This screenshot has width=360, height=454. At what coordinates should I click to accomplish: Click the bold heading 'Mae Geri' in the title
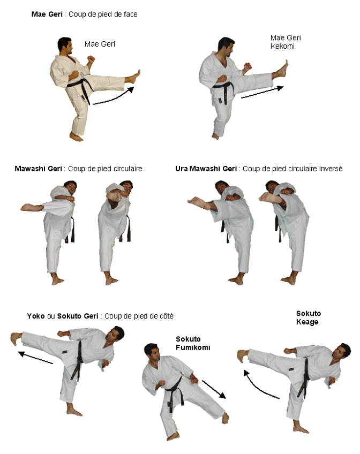(x=47, y=14)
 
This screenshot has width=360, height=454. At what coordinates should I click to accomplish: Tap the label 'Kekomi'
(x=282, y=47)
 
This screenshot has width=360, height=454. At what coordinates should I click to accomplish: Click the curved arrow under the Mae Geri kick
(x=113, y=96)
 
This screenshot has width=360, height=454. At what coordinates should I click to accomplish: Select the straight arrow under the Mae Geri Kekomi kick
(x=262, y=92)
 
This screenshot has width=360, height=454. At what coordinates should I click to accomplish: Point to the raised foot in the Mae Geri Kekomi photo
(x=281, y=70)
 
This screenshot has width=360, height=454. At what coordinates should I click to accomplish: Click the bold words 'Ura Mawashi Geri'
(x=206, y=169)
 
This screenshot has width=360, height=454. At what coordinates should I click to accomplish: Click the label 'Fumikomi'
(x=193, y=347)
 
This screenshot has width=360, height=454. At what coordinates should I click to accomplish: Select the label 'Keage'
(x=307, y=322)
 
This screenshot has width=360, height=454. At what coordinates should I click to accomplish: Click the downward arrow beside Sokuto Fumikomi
(x=214, y=389)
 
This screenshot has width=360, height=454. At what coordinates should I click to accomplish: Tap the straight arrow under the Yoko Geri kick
(x=35, y=357)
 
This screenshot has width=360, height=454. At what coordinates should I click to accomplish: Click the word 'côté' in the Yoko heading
(x=166, y=316)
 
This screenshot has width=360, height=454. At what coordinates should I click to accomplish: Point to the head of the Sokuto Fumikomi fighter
(x=152, y=352)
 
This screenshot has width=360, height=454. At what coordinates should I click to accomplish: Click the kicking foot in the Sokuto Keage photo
(x=243, y=356)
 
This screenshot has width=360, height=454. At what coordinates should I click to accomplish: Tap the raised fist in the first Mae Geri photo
(x=91, y=59)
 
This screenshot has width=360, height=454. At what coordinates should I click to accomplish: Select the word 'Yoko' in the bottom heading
(x=35, y=316)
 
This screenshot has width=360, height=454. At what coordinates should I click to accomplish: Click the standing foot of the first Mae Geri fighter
(x=77, y=137)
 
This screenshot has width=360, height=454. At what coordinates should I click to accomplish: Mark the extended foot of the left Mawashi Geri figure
(x=29, y=207)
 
